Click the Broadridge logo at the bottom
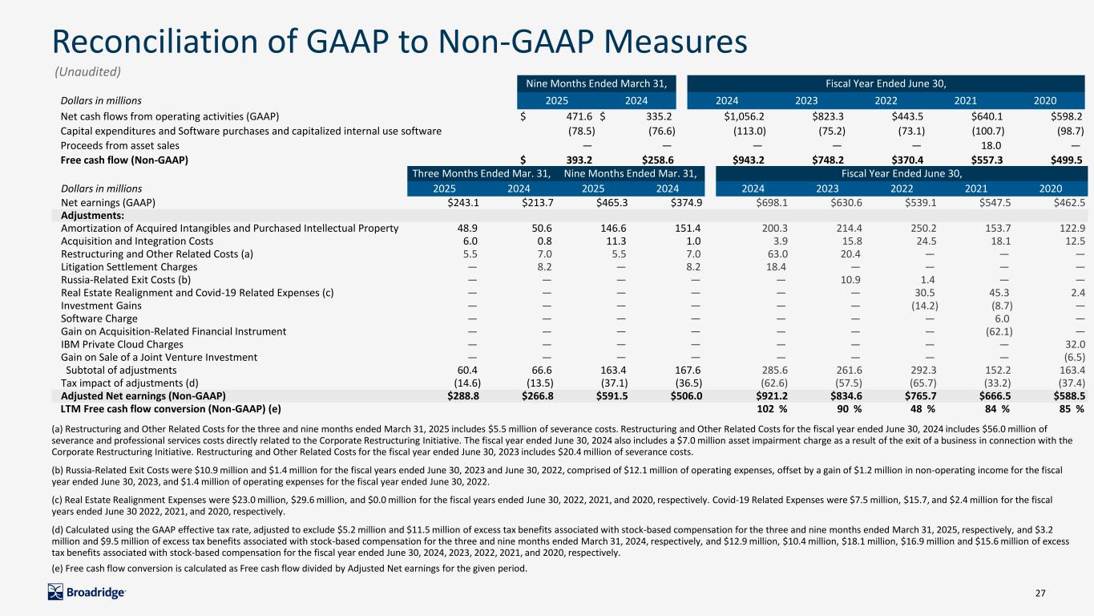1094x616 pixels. click(87, 592)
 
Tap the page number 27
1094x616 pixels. click(1040, 593)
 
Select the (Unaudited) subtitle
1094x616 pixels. click(87, 72)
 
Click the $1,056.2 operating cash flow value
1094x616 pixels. click(744, 116)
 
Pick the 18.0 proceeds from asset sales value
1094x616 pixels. click(991, 146)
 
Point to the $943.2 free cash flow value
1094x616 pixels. click(749, 160)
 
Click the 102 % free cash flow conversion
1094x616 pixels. click(772, 409)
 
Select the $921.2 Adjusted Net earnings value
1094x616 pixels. click(771, 396)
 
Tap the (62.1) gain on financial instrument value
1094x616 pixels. click(999, 331)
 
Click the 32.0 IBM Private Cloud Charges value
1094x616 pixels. click(1075, 344)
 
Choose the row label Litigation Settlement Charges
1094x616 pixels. click(129, 267)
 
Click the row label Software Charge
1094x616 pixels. click(99, 318)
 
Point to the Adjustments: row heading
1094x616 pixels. click(92, 216)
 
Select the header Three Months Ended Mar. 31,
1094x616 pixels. click(482, 173)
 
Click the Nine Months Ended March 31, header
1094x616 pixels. click(596, 83)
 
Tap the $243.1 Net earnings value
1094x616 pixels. click(463, 202)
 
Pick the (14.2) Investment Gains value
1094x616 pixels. click(925, 306)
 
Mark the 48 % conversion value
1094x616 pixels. click(923, 409)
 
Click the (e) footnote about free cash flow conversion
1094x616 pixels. click(289, 569)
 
